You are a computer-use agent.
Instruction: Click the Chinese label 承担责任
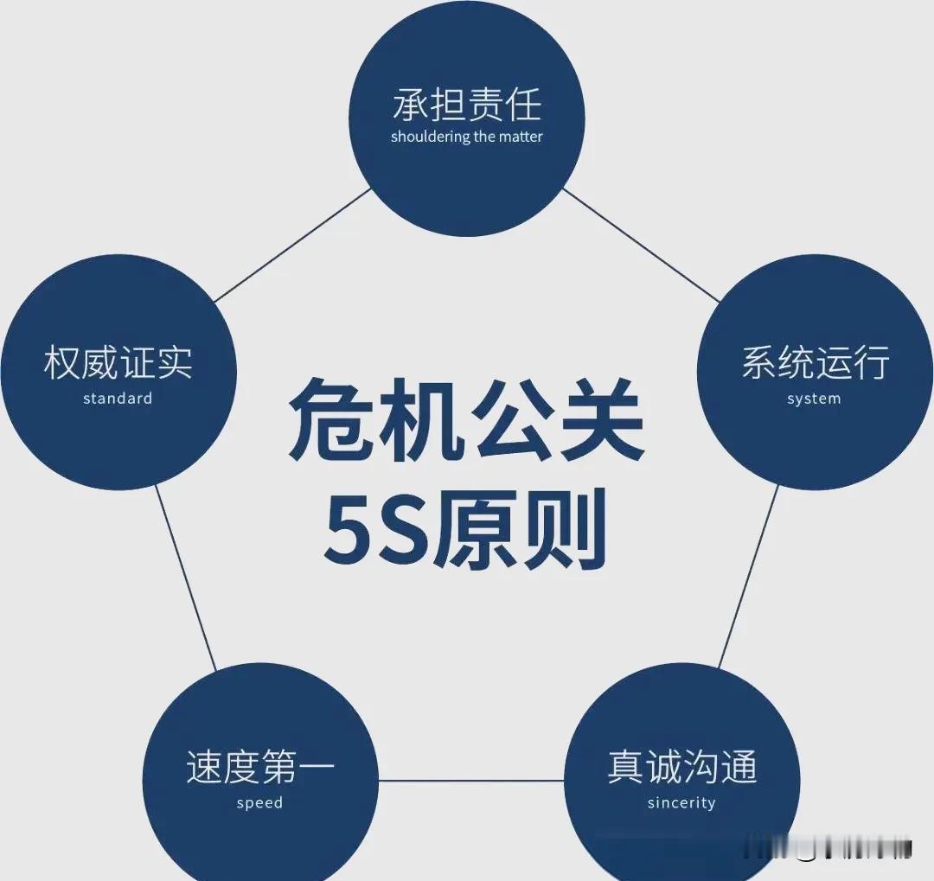click(467, 105)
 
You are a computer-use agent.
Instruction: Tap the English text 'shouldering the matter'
click(467, 137)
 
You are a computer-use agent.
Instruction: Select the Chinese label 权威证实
click(118, 363)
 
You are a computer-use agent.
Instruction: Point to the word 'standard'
click(118, 399)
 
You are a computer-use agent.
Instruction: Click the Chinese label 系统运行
click(815, 363)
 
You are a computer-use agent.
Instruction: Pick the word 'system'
click(814, 399)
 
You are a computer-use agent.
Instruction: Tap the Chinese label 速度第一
click(259, 767)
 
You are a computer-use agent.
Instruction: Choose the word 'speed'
click(259, 803)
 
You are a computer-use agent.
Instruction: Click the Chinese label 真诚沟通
click(681, 767)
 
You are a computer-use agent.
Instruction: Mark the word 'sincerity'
click(681, 803)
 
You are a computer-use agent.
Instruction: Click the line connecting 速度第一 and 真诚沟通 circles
click(471, 781)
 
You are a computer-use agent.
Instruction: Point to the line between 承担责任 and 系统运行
click(641, 245)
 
